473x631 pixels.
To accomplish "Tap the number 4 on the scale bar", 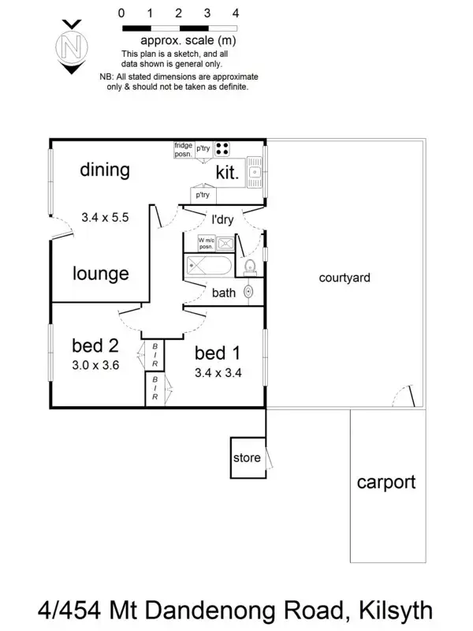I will [x=236, y=13].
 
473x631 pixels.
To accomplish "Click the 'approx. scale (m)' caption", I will [x=188, y=40].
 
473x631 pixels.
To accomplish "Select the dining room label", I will [x=105, y=170].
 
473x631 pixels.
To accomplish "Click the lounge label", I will [x=100, y=274].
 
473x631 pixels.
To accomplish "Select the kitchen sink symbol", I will [x=255, y=171].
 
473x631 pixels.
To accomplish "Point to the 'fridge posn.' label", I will [x=184, y=149].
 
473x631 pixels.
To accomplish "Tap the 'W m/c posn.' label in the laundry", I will [x=207, y=243].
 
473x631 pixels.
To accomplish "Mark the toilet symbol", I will [x=250, y=266].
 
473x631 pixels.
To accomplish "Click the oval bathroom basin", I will [x=249, y=293].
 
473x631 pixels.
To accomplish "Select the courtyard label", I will [x=345, y=278].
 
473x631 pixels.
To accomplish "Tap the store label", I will [x=246, y=458].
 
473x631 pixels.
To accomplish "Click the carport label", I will [x=386, y=482].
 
